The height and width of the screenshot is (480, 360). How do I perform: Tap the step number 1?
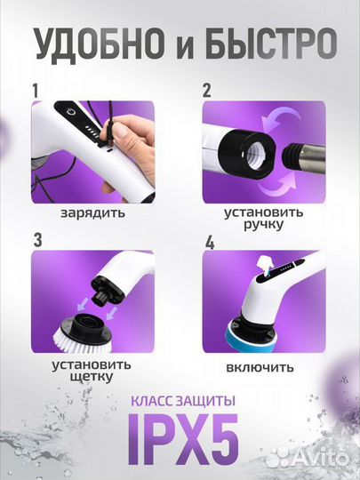click(x=36, y=90)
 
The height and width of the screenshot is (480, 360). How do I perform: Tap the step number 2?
click(x=206, y=90)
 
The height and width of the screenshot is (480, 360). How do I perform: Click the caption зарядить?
click(x=93, y=213)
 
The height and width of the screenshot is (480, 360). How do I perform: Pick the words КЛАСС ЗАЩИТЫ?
click(x=180, y=404)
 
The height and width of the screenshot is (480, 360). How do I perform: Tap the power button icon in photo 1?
click(x=71, y=115)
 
